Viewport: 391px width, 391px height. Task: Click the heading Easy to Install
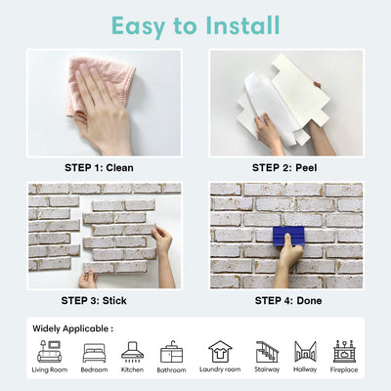[x=195, y=24]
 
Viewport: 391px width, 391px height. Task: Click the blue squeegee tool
[x=288, y=237]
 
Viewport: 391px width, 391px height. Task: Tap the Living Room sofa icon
[x=49, y=352]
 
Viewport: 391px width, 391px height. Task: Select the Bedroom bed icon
[x=95, y=352]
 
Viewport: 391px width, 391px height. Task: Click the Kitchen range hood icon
[x=132, y=352]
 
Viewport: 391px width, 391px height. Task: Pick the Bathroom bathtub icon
[x=171, y=352]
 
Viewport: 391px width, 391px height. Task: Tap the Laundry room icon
[x=220, y=352]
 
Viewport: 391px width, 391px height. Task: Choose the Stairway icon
[x=267, y=352]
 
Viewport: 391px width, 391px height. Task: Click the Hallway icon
[x=306, y=352]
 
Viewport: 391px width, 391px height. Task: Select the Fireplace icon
[x=344, y=352]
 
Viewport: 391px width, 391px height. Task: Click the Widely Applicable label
[x=72, y=328]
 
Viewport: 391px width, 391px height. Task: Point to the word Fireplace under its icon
[x=344, y=370]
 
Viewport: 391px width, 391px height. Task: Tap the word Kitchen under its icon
[x=132, y=370]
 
